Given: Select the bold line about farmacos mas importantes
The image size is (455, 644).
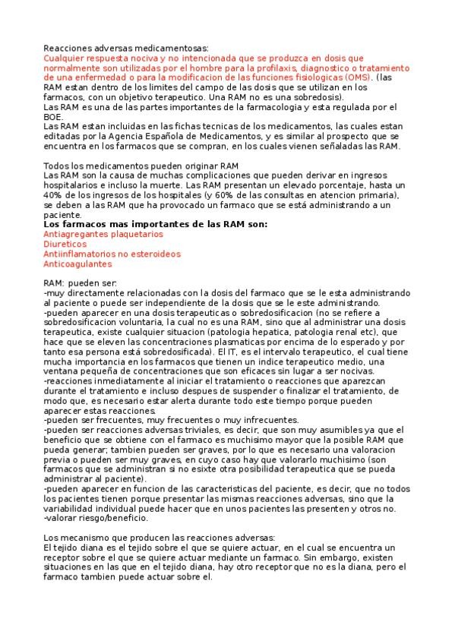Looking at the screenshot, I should click(156, 225).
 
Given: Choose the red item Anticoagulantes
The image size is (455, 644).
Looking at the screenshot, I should click(78, 264).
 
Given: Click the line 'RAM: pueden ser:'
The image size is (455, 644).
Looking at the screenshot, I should click(80, 283).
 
